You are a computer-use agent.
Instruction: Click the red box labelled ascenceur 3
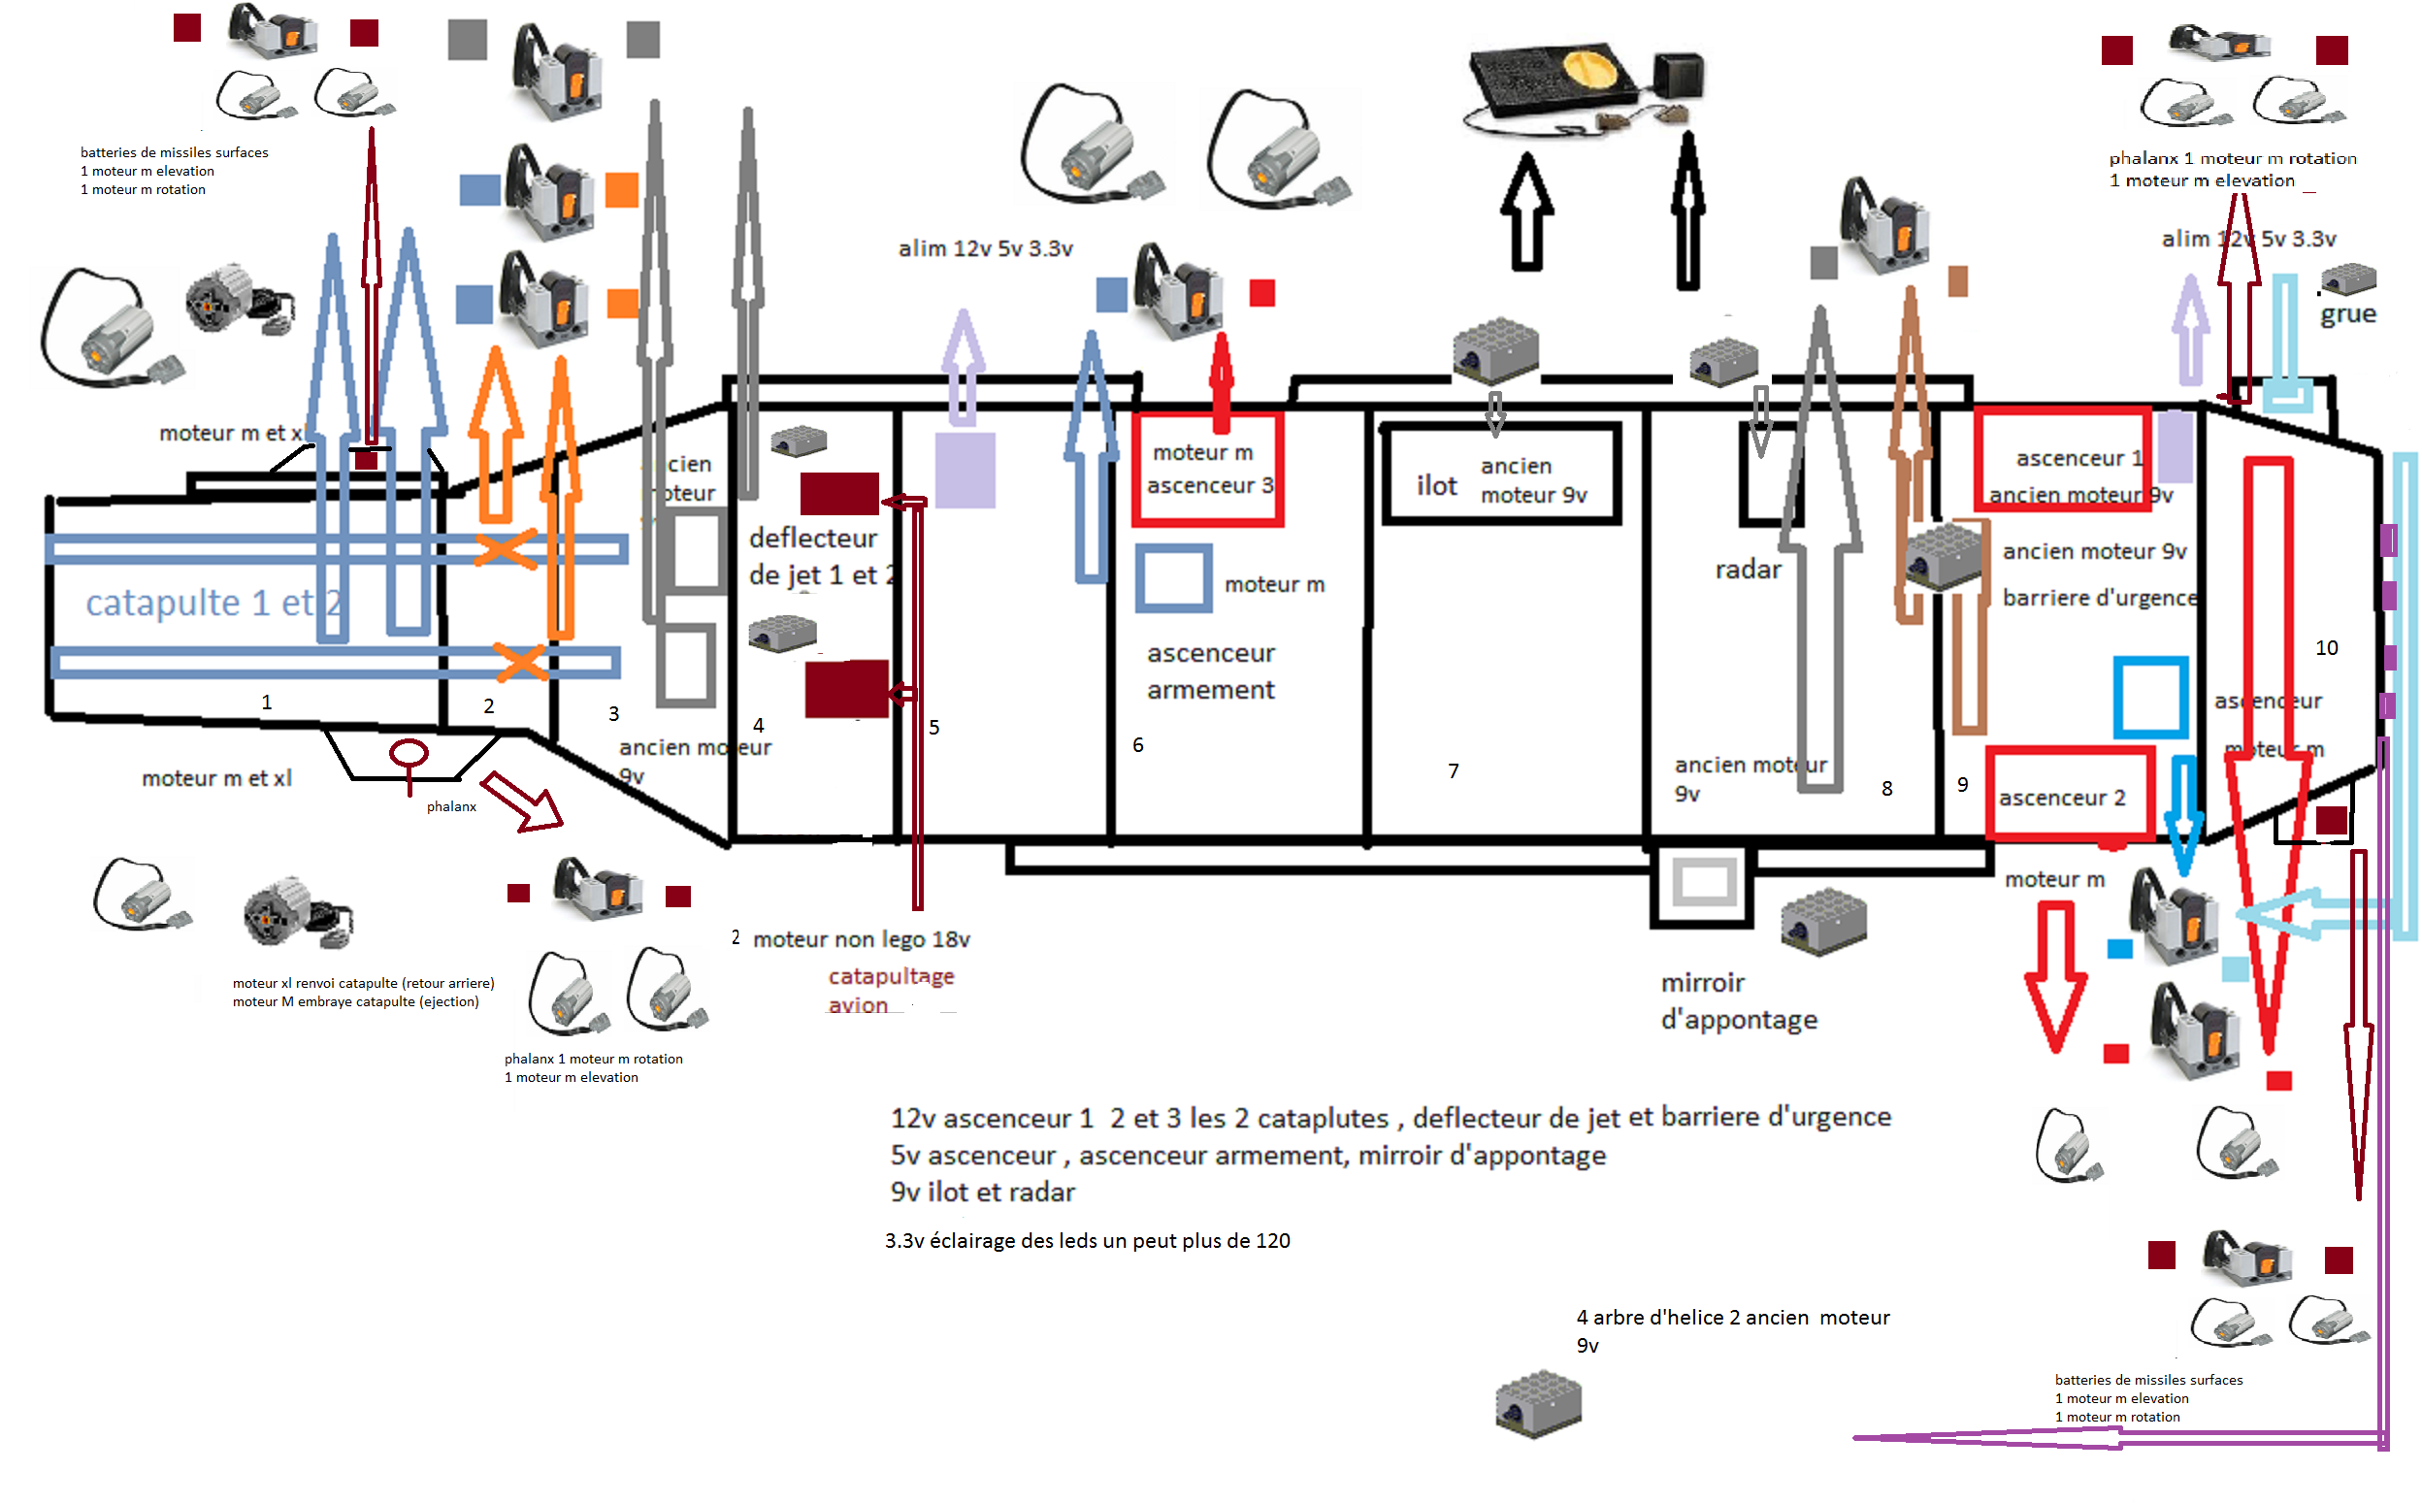coord(1207,469)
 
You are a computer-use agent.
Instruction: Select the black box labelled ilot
coord(1502,474)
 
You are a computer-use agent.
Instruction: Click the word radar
coord(1748,570)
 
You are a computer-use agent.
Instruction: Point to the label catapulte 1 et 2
coord(213,603)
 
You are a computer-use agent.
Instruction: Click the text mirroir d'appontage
coord(1739,1001)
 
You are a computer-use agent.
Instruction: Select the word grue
coord(2348,314)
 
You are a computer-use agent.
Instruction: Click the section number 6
coord(1138,745)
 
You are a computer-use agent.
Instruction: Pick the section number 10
coord(2327,648)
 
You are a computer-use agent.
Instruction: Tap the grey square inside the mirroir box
coord(1704,882)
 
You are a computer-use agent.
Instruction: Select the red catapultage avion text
coord(891,991)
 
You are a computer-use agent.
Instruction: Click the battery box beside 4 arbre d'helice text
coord(1538,1403)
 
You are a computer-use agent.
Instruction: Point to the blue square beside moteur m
coord(1174,579)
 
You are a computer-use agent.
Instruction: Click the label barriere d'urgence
coord(2099,598)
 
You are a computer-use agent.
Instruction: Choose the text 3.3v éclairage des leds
coord(1087,1241)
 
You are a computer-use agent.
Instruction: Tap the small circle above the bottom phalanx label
coord(409,754)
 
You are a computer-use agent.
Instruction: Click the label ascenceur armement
coord(1210,671)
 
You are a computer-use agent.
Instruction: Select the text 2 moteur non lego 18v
coord(851,939)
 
